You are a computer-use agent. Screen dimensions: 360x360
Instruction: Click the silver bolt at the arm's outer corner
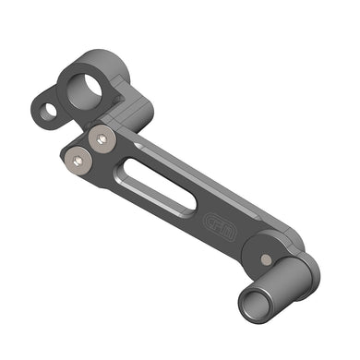point(79,164)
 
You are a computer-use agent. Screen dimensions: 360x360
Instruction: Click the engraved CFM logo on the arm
point(218,224)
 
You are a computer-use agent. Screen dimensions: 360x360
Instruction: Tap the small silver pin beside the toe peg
point(268,259)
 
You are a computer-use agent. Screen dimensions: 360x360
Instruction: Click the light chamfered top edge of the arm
point(212,185)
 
